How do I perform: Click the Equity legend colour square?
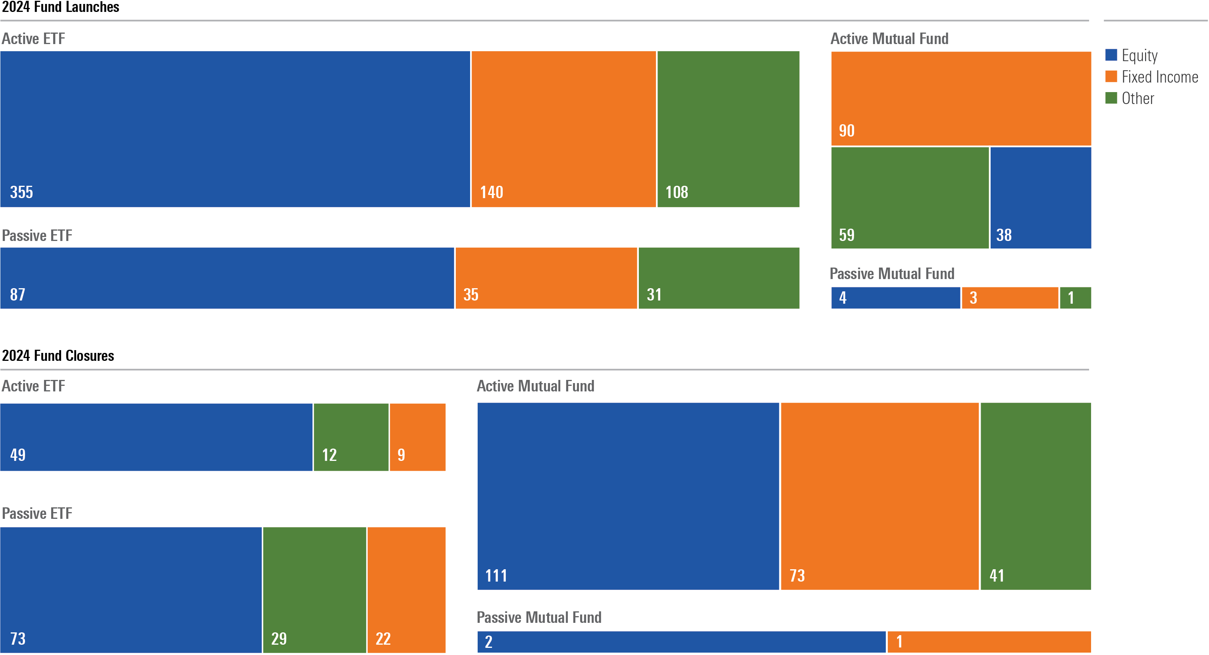click(x=1111, y=55)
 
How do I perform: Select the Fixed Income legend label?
click(x=1159, y=77)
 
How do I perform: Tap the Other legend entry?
click(x=1137, y=98)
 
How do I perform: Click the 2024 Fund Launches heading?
click(x=60, y=7)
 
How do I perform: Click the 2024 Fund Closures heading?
click(x=58, y=356)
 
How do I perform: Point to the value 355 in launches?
click(x=21, y=192)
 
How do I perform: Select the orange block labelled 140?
click(x=563, y=129)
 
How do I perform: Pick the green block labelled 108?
click(x=728, y=129)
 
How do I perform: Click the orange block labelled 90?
click(x=961, y=98)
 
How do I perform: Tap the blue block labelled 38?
click(x=1041, y=198)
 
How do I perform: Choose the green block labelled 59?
click(x=910, y=198)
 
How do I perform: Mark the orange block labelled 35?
click(x=546, y=278)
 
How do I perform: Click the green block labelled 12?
click(x=351, y=437)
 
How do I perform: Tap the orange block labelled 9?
click(x=417, y=437)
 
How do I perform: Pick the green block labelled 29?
click(x=314, y=590)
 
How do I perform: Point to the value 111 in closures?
click(x=496, y=576)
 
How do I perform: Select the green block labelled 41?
click(x=1035, y=496)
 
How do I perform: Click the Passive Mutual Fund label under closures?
click(x=539, y=617)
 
